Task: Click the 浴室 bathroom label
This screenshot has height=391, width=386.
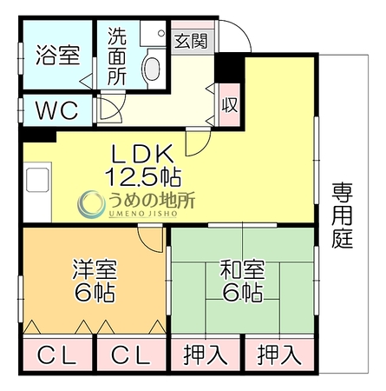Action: coord(58,55)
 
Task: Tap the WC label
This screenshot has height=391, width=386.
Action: coord(57,110)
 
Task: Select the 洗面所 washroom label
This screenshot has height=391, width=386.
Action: coord(117,56)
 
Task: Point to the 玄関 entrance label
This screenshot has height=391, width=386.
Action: coord(191,41)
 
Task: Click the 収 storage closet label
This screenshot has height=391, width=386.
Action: coord(230,105)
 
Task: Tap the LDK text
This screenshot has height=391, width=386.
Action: coord(143,154)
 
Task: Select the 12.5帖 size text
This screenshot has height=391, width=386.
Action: coord(143,176)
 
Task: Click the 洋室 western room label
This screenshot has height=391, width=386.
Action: coord(95,269)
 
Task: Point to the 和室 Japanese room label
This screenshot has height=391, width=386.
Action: coord(242,269)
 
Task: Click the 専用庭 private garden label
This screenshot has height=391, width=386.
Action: coord(343,215)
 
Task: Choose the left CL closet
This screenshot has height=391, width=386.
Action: coord(57,355)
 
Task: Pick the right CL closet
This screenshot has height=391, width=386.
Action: coord(132,355)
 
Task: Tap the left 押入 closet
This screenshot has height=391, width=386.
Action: coord(206,355)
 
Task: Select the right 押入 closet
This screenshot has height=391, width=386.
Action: coord(279,355)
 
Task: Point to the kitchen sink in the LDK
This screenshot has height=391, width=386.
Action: coord(37,180)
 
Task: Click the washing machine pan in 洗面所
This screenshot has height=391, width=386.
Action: coord(153,33)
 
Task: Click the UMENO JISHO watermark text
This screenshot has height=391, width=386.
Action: coord(143,214)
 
